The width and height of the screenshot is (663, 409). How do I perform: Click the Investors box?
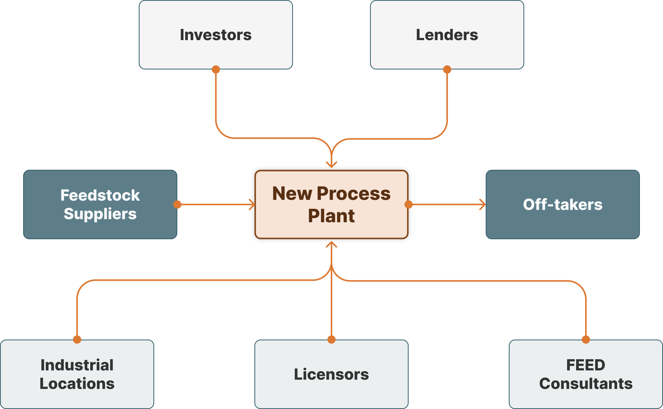click(216, 35)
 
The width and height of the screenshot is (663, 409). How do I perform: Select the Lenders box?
click(447, 35)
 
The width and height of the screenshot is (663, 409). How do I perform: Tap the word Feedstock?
click(100, 195)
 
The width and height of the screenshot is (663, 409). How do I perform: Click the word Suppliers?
click(100, 214)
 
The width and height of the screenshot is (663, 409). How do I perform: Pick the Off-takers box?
click(563, 204)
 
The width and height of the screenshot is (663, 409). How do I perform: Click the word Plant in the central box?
click(331, 216)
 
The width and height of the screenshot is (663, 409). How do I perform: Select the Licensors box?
click(331, 374)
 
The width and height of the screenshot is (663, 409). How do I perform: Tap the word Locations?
click(77, 384)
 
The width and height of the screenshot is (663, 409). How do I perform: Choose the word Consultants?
click(586, 384)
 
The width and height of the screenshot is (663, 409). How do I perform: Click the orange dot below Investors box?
click(216, 69)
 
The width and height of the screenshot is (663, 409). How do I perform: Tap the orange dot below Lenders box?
click(447, 69)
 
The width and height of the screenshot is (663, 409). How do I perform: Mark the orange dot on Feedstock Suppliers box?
click(177, 204)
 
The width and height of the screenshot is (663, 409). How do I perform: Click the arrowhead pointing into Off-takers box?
click(483, 204)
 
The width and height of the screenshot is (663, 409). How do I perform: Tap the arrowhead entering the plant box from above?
click(331, 164)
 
